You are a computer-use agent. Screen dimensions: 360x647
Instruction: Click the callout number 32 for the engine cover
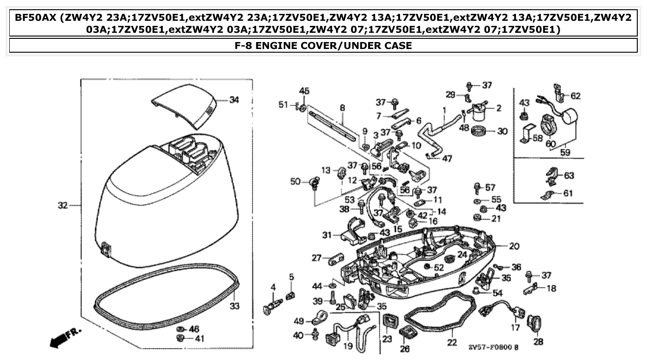(x=63, y=205)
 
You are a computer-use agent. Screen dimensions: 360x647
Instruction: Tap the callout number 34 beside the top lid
(x=234, y=100)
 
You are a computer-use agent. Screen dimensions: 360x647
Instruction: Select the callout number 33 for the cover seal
(x=234, y=306)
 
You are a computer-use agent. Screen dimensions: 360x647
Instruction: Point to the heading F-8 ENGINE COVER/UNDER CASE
(x=323, y=45)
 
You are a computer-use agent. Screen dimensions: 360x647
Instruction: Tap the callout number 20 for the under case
(x=514, y=246)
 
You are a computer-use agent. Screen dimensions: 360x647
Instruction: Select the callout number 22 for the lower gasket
(x=452, y=342)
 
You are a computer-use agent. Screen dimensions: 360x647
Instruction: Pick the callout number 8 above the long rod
(x=342, y=108)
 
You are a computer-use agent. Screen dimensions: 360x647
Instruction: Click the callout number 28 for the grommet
(x=538, y=342)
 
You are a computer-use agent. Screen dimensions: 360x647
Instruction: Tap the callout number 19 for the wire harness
(x=348, y=345)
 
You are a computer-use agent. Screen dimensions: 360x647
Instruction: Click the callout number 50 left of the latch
(x=296, y=182)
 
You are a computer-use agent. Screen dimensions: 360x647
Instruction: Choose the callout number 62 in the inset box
(x=575, y=96)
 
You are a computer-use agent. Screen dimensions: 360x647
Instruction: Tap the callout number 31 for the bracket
(x=327, y=235)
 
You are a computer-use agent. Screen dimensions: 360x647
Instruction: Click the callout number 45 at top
(x=304, y=90)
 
